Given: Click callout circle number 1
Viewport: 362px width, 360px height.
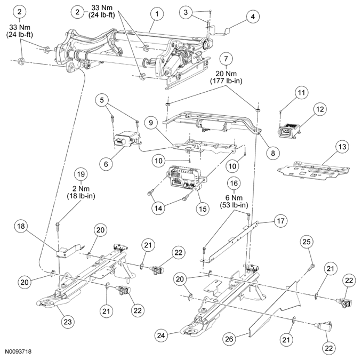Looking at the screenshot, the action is pyautogui.click(x=157, y=14).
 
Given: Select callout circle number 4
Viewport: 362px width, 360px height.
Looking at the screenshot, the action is pyautogui.click(x=253, y=17).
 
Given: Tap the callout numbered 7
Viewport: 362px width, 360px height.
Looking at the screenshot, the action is pyautogui.click(x=226, y=59).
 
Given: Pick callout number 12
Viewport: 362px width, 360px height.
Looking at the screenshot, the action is pyautogui.click(x=320, y=109).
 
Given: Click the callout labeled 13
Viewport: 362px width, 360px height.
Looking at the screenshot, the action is pyautogui.click(x=342, y=147).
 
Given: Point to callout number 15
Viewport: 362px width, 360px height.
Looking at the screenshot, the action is pyautogui.click(x=203, y=209).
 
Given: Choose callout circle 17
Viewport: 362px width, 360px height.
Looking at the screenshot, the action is pyautogui.click(x=280, y=221).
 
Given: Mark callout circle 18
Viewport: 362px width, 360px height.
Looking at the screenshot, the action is pyautogui.click(x=21, y=226).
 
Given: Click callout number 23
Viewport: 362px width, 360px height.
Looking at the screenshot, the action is pyautogui.click(x=68, y=322).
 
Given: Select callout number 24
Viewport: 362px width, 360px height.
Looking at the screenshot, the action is pyautogui.click(x=161, y=335).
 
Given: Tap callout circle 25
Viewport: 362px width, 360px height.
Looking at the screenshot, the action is pyautogui.click(x=307, y=242).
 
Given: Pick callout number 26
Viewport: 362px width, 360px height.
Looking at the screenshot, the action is pyautogui.click(x=229, y=339).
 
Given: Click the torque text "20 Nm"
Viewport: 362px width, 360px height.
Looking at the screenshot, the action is pyautogui.click(x=226, y=74).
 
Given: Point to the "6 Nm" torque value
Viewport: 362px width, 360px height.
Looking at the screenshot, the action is pyautogui.click(x=234, y=198).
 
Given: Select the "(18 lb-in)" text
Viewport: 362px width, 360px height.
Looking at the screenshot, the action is pyautogui.click(x=81, y=196).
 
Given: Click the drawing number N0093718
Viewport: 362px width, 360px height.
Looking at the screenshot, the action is pyautogui.click(x=19, y=352).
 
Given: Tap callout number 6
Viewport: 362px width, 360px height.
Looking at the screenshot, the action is pyautogui.click(x=106, y=164).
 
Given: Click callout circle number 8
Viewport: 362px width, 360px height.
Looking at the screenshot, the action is pyautogui.click(x=273, y=153).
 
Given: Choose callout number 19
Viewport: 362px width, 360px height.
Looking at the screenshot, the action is pyautogui.click(x=81, y=174).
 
